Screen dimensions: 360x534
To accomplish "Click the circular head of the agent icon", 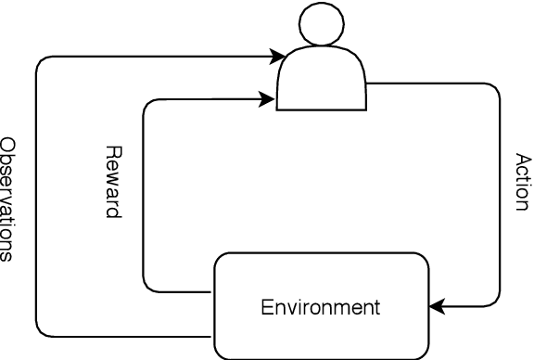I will [x=322, y=25].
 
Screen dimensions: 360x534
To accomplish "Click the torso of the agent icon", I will [x=322, y=82].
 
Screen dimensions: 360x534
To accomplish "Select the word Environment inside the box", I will [x=321, y=306].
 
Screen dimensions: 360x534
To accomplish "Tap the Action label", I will [x=522, y=182].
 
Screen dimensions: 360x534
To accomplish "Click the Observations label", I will [x=8, y=199].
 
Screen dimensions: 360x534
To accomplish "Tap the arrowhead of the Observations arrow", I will [x=278, y=58].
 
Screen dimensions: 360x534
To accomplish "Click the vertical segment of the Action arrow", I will [x=500, y=195].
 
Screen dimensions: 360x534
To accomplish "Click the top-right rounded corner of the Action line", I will [x=496, y=89].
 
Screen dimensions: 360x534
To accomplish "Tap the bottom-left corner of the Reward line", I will [x=146, y=288].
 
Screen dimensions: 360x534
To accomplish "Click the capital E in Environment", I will [x=266, y=306].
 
